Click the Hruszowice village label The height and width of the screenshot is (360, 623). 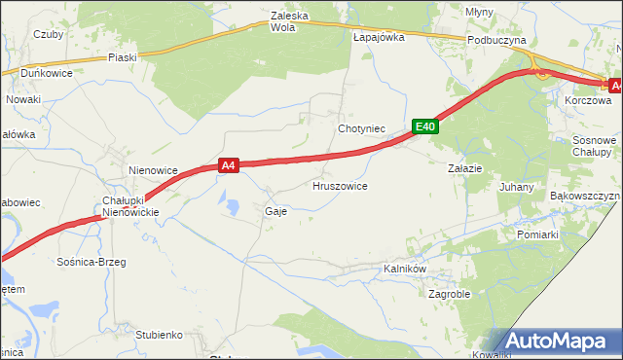pos(339,185)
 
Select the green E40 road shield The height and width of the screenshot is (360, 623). pos(424,126)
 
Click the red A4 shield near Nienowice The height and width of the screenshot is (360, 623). pos(228,166)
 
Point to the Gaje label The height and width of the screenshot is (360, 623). pos(275,210)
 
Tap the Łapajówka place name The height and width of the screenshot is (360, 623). pos(379,37)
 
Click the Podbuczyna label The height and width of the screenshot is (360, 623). pos(495,40)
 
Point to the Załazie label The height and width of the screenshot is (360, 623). pos(465,168)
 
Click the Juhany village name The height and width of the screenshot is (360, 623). pos(516,186)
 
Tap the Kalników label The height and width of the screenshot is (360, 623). pos(406,268)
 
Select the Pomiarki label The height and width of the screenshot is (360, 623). pos(537,234)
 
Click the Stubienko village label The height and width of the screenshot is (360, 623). pos(160,335)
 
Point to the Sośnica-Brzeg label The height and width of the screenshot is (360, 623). pos(92,262)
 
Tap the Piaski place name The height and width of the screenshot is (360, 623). pos(123,57)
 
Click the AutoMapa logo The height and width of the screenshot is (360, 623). pos(559,341)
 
